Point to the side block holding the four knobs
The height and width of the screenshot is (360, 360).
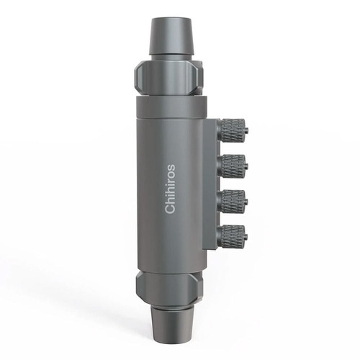210,184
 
